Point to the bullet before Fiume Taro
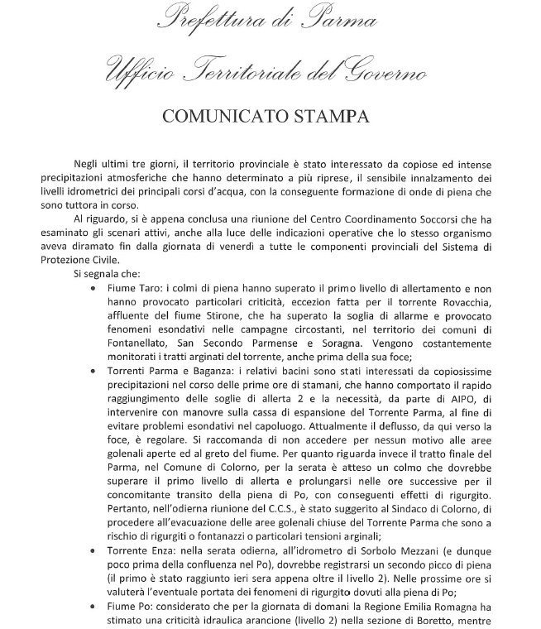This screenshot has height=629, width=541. [x=92, y=288]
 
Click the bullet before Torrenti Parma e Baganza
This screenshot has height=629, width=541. [x=92, y=367]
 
